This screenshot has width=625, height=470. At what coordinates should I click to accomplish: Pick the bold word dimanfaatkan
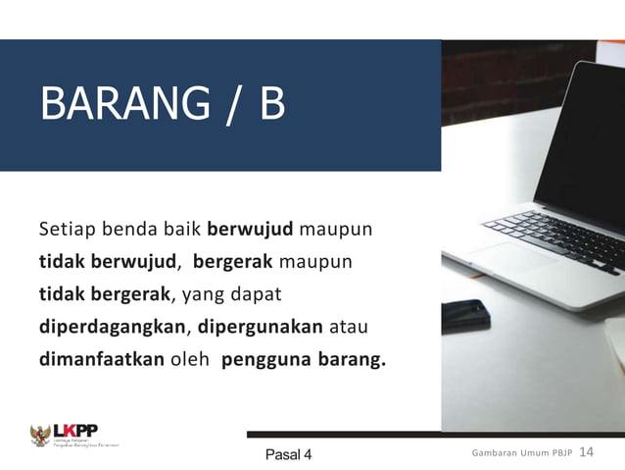102,358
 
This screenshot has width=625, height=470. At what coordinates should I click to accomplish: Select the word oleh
191,358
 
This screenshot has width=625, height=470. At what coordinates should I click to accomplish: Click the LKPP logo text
75,430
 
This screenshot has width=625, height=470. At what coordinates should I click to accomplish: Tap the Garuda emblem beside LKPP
40,436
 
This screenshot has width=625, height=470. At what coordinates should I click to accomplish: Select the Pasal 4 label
288,454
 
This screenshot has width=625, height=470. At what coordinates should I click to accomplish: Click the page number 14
588,452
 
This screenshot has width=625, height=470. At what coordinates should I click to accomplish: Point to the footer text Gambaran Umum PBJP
521,453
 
